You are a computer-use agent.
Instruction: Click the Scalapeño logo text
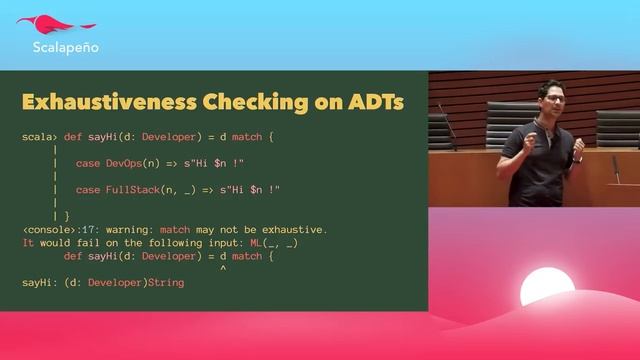click(x=65, y=46)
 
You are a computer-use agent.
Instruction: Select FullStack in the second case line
click(x=135, y=189)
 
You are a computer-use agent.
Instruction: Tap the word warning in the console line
click(x=119, y=229)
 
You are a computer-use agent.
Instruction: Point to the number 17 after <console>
click(x=83, y=229)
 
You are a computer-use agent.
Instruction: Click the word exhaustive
click(x=291, y=229)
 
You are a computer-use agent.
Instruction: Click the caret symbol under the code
click(x=221, y=269)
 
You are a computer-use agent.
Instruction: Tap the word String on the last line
click(x=165, y=283)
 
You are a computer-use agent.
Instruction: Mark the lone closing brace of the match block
click(x=66, y=216)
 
